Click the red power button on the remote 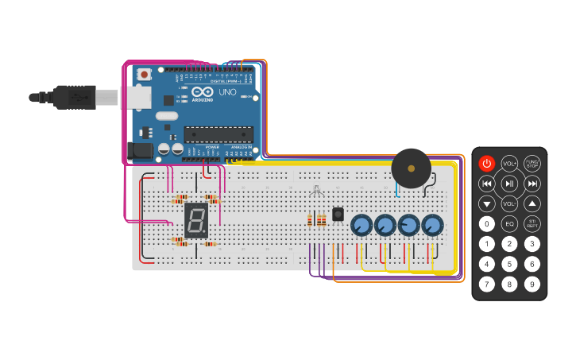tap(486, 164)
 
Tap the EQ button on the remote tap(509, 224)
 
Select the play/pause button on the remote tap(509, 184)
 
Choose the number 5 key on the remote tap(509, 264)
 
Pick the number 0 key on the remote tap(486, 224)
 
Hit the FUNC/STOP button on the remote tap(532, 164)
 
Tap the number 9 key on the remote tap(532, 284)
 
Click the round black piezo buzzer tap(411, 168)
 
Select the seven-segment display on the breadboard tap(196, 220)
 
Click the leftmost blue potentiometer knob tap(361, 226)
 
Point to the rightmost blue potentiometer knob tap(432, 226)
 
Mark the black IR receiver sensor tap(338, 215)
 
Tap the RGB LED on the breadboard tap(316, 192)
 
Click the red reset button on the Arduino tap(144, 75)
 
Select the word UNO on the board tap(227, 92)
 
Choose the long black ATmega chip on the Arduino tap(218, 134)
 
